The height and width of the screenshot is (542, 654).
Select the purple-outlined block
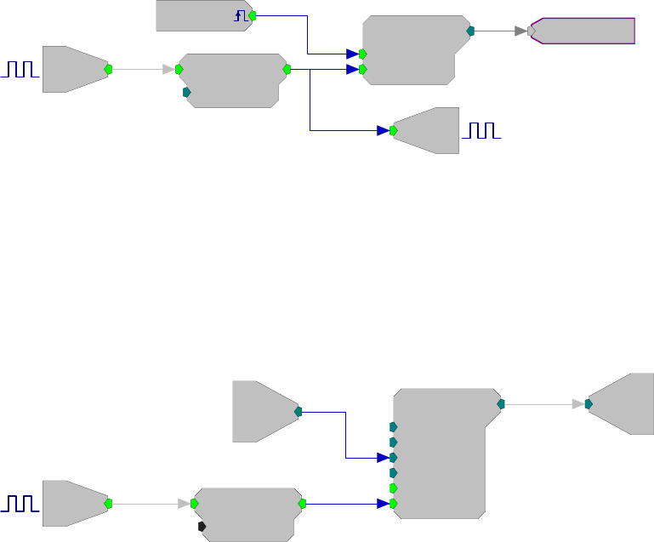(584, 31)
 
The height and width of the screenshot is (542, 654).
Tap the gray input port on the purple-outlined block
(531, 31)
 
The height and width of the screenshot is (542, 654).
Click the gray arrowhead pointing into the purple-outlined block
(520, 31)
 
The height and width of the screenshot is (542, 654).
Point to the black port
(202, 527)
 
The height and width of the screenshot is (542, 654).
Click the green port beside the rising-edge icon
(253, 15)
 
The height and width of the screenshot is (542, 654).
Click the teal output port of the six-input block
(501, 403)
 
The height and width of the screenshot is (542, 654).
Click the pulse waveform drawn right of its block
(482, 130)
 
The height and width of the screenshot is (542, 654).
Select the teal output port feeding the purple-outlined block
(470, 31)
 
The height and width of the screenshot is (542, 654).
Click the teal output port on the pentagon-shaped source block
(298, 412)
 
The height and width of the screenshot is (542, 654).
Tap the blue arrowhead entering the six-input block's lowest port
(384, 504)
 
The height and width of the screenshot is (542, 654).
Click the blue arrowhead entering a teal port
(384, 458)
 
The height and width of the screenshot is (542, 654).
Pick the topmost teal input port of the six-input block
(393, 427)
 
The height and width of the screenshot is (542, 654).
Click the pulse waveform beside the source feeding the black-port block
(20, 504)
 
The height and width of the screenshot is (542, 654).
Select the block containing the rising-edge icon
(202, 15)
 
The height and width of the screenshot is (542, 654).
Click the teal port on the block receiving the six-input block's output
(588, 404)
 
